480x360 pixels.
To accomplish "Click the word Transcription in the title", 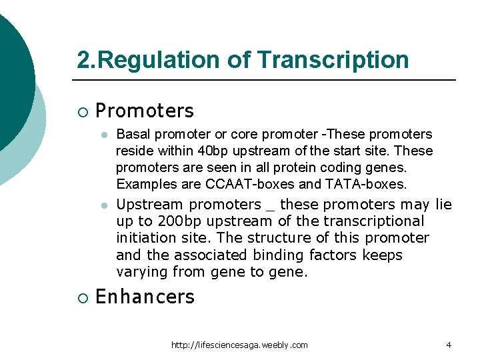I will tap(333, 60).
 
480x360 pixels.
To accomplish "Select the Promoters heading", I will tap(145, 111).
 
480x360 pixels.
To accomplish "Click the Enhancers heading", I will tap(145, 297).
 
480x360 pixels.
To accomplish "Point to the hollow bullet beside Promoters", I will tap(81, 111).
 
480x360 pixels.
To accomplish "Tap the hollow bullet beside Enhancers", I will tap(81, 297).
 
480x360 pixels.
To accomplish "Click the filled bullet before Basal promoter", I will tap(103, 135).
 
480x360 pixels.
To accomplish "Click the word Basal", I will tap(132, 135).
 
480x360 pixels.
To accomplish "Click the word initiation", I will tap(148, 238).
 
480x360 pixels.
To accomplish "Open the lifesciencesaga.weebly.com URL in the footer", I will tap(239, 345).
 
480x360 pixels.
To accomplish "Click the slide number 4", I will tap(449, 345).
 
